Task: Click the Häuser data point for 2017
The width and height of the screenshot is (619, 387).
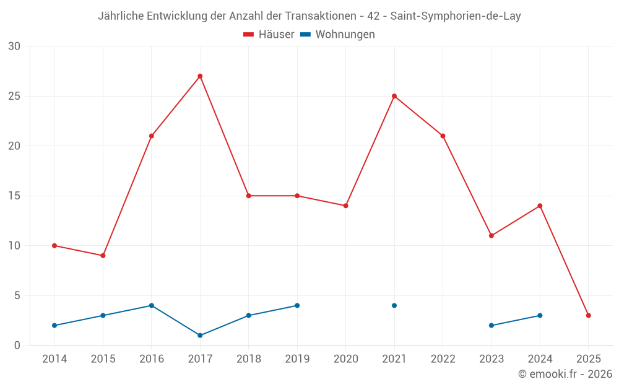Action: (200, 76)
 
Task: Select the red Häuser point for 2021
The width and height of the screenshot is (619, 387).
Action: (394, 96)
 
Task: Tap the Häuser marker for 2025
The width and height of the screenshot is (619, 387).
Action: (588, 315)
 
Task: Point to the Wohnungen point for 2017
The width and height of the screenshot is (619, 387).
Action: (200, 335)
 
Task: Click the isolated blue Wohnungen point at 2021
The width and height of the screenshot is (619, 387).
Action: (394, 305)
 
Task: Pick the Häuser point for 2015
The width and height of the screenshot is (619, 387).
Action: (103, 255)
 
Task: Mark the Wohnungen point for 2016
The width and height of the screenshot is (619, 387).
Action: (151, 305)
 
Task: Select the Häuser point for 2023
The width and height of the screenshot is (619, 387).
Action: (491, 235)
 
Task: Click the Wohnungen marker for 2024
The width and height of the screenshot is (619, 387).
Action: (540, 315)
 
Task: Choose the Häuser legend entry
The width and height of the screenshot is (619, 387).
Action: (269, 35)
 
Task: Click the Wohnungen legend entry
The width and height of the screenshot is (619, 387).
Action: (337, 35)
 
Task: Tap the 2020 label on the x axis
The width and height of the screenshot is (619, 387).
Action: (345, 359)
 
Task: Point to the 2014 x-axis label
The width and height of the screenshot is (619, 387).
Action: (54, 359)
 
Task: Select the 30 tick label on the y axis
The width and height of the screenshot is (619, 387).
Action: (14, 46)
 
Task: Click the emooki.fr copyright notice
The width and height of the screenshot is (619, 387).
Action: (565, 374)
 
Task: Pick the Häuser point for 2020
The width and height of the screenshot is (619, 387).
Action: (345, 206)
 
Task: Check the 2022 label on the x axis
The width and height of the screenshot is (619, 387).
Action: (443, 359)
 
